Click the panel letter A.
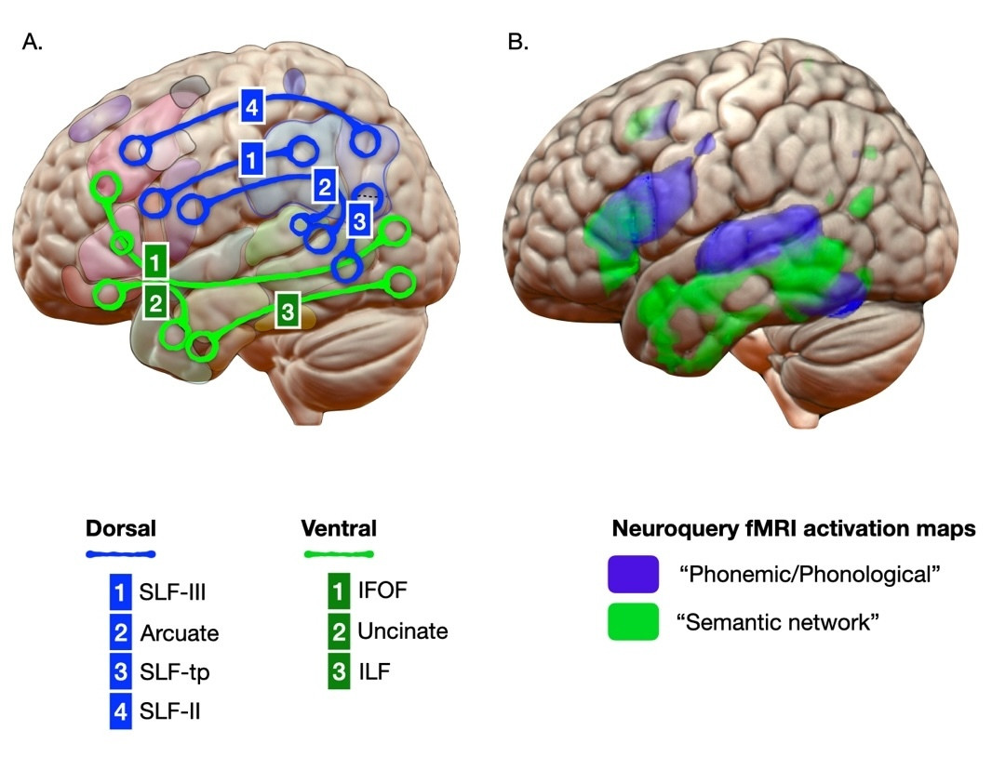click(32, 42)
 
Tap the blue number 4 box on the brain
click(249, 107)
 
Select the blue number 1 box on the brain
click(248, 159)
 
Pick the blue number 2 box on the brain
click(323, 187)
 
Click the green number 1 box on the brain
click(157, 259)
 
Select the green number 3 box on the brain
click(288, 309)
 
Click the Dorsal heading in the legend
click(120, 529)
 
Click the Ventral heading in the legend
click(339, 529)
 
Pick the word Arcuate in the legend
click(180, 634)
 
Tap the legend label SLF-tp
click(169, 673)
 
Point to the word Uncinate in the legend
click(402, 632)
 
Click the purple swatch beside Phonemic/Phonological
click(633, 575)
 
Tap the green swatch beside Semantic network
click(633, 621)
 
